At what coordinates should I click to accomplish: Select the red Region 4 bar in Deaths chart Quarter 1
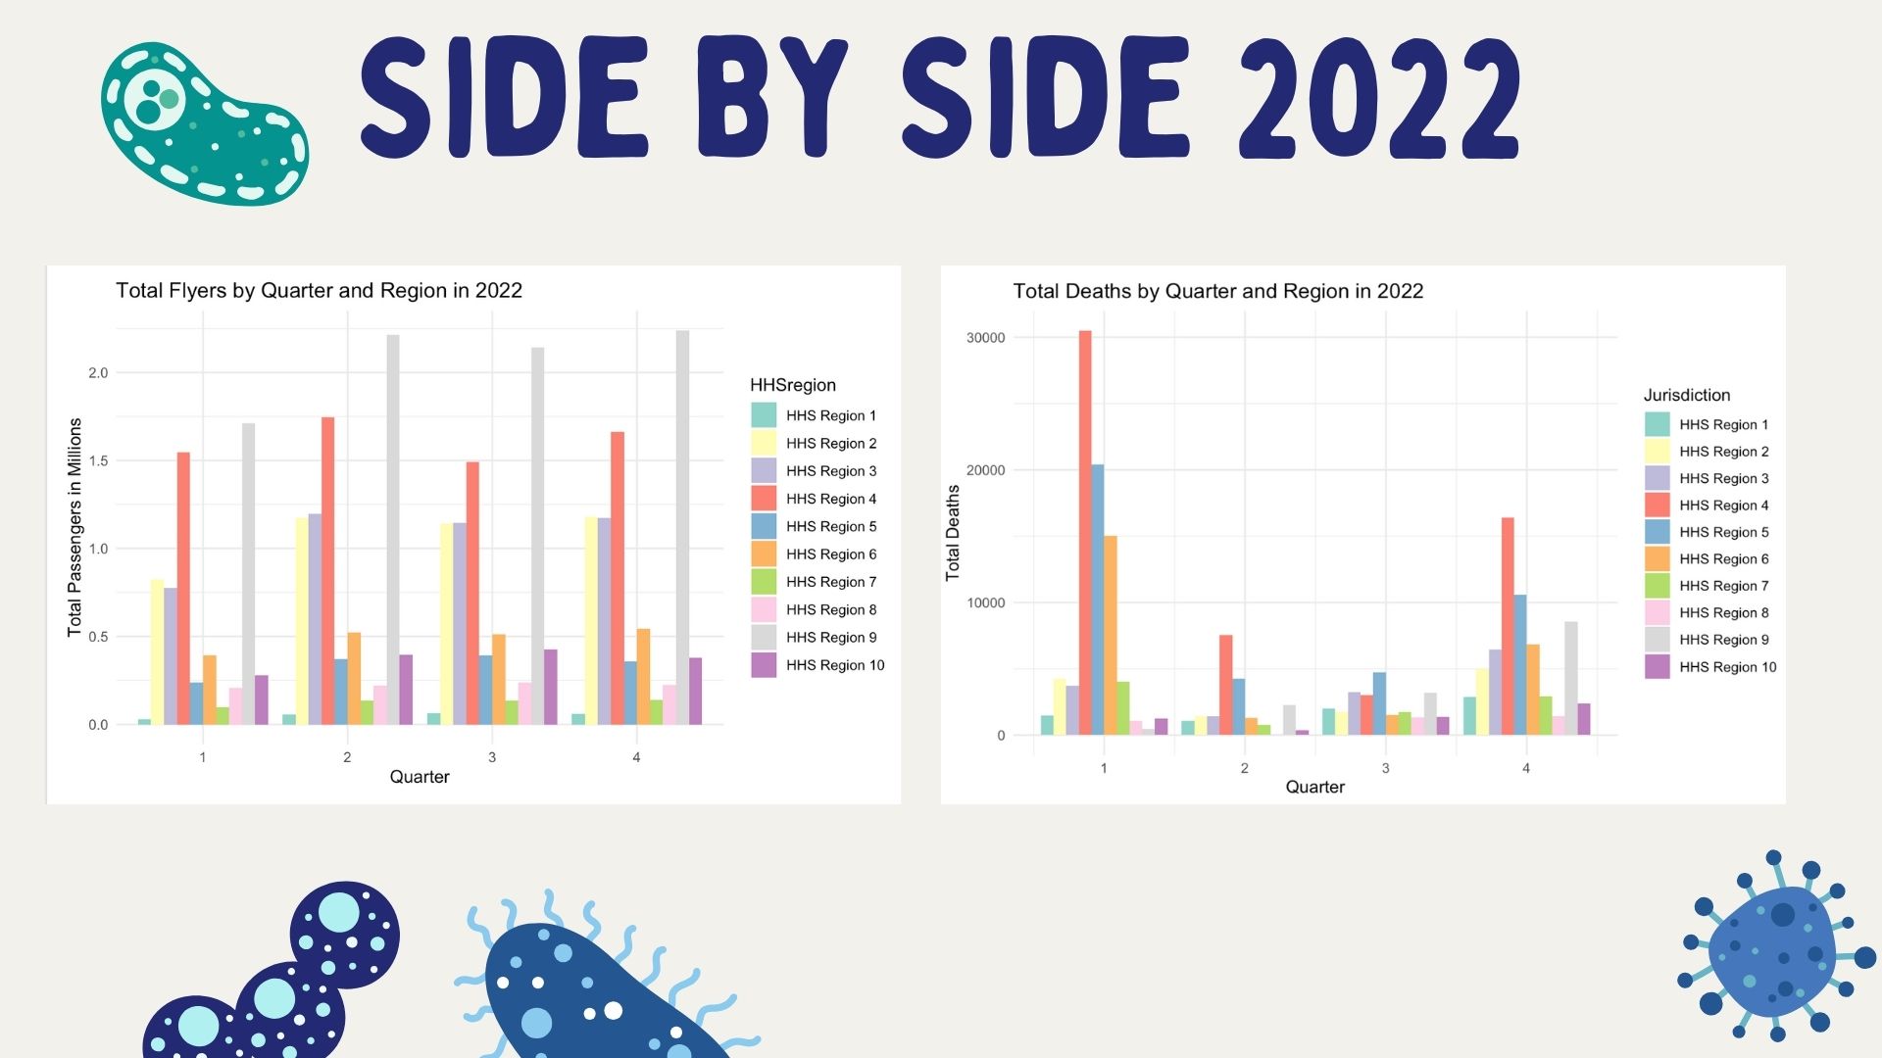(1085, 533)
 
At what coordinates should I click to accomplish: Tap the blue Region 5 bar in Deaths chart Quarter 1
(1098, 600)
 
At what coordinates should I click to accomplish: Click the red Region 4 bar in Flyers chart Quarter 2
(327, 571)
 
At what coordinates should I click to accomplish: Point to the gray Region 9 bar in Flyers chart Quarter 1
(248, 574)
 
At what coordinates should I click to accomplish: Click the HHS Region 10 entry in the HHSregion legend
(834, 665)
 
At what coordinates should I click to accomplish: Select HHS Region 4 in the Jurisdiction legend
(1723, 505)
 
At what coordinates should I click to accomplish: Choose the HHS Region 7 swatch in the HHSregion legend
(764, 582)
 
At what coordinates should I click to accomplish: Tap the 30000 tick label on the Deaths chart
(985, 338)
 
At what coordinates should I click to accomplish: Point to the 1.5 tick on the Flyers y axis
(98, 460)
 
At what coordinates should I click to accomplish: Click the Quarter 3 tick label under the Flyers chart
(492, 757)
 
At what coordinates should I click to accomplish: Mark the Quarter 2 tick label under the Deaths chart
(1245, 768)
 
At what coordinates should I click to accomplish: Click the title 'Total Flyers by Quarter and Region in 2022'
(319, 291)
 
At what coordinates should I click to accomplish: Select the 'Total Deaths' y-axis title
(953, 533)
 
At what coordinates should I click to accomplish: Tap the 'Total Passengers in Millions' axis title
(74, 527)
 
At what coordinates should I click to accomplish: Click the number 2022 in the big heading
(1380, 98)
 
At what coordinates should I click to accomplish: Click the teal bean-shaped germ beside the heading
(204, 122)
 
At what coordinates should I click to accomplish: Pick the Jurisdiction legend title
(1686, 395)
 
